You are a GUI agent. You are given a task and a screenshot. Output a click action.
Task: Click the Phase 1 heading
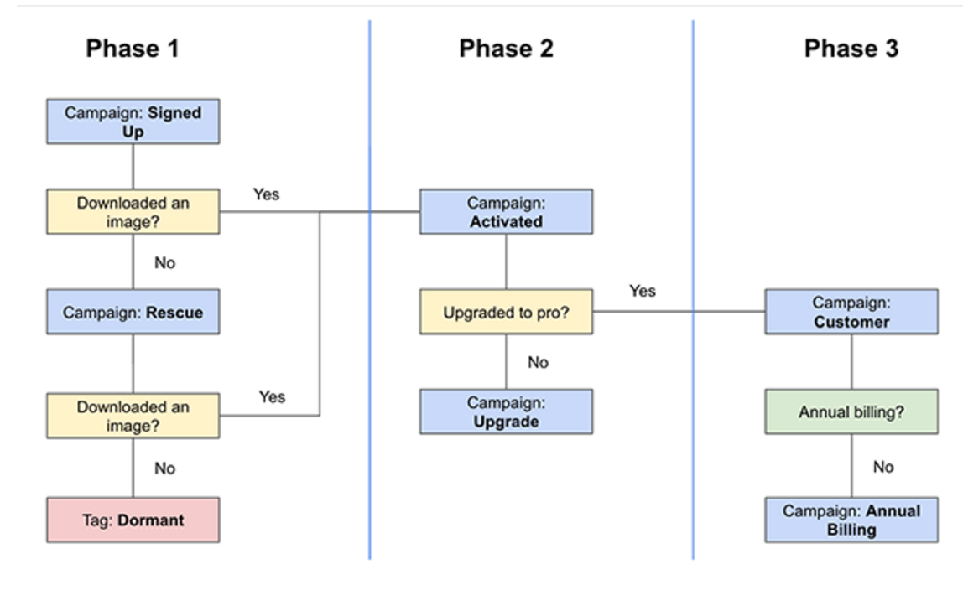(133, 49)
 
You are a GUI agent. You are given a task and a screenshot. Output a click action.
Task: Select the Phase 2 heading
(506, 49)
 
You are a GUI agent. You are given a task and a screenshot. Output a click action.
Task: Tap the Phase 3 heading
(851, 49)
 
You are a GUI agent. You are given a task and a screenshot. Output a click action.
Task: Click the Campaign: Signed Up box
(133, 122)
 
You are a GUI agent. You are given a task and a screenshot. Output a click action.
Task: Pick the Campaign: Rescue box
(133, 313)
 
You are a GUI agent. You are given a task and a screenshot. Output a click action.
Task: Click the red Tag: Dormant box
(133, 520)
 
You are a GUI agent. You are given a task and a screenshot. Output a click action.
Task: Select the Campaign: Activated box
(506, 212)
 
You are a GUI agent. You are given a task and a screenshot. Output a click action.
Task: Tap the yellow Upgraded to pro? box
(506, 313)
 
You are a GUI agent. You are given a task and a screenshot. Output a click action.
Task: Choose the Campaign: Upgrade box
(506, 411)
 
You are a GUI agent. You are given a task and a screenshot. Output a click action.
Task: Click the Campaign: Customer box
(851, 312)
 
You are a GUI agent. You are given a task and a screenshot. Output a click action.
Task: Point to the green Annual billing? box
(851, 411)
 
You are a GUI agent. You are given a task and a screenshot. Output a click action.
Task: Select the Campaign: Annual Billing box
(851, 520)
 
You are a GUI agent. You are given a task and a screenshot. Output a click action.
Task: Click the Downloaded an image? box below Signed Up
(133, 212)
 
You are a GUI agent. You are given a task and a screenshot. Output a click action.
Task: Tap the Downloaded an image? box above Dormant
(133, 416)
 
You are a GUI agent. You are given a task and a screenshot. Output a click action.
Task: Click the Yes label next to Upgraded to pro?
(642, 291)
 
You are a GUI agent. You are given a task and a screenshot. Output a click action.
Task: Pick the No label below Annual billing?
(882, 467)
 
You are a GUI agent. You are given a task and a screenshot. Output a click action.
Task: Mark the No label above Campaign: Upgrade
(538, 362)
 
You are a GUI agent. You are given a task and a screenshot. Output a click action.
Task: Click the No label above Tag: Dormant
(164, 468)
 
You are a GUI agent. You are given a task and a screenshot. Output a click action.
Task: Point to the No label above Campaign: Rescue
(164, 263)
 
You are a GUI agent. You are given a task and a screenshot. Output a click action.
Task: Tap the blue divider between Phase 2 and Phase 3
(693, 419)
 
